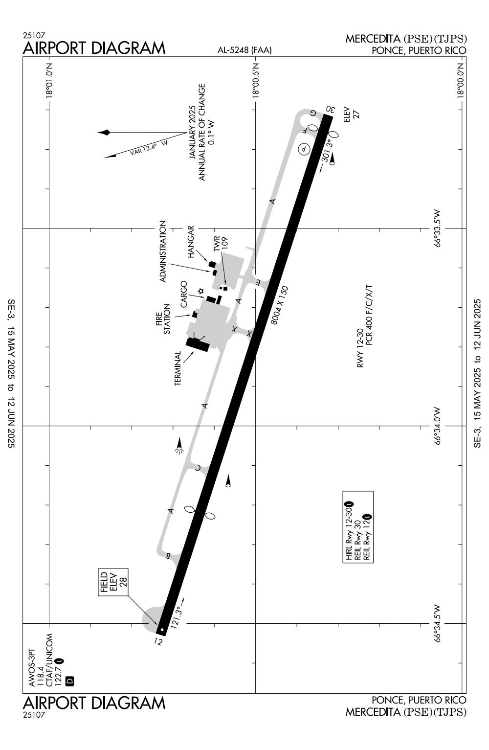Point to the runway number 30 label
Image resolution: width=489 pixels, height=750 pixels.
tap(330, 109)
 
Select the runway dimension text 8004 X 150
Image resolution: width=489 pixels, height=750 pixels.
tap(280, 305)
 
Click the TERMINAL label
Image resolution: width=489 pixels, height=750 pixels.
tap(178, 368)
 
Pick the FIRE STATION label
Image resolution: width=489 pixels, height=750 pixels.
tap(163, 319)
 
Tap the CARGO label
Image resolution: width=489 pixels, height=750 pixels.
tap(184, 295)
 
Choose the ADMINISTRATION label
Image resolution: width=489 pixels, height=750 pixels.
tap(163, 251)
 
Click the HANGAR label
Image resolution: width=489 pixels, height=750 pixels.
tap(191, 242)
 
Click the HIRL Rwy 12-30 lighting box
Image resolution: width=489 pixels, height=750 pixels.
tap(358, 527)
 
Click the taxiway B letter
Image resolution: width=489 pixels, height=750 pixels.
tap(168, 556)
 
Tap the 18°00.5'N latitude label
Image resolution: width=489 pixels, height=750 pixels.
tap(256, 80)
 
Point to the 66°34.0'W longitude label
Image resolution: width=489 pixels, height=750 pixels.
tap(437, 426)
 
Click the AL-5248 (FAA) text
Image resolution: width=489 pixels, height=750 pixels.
tap(244, 50)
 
